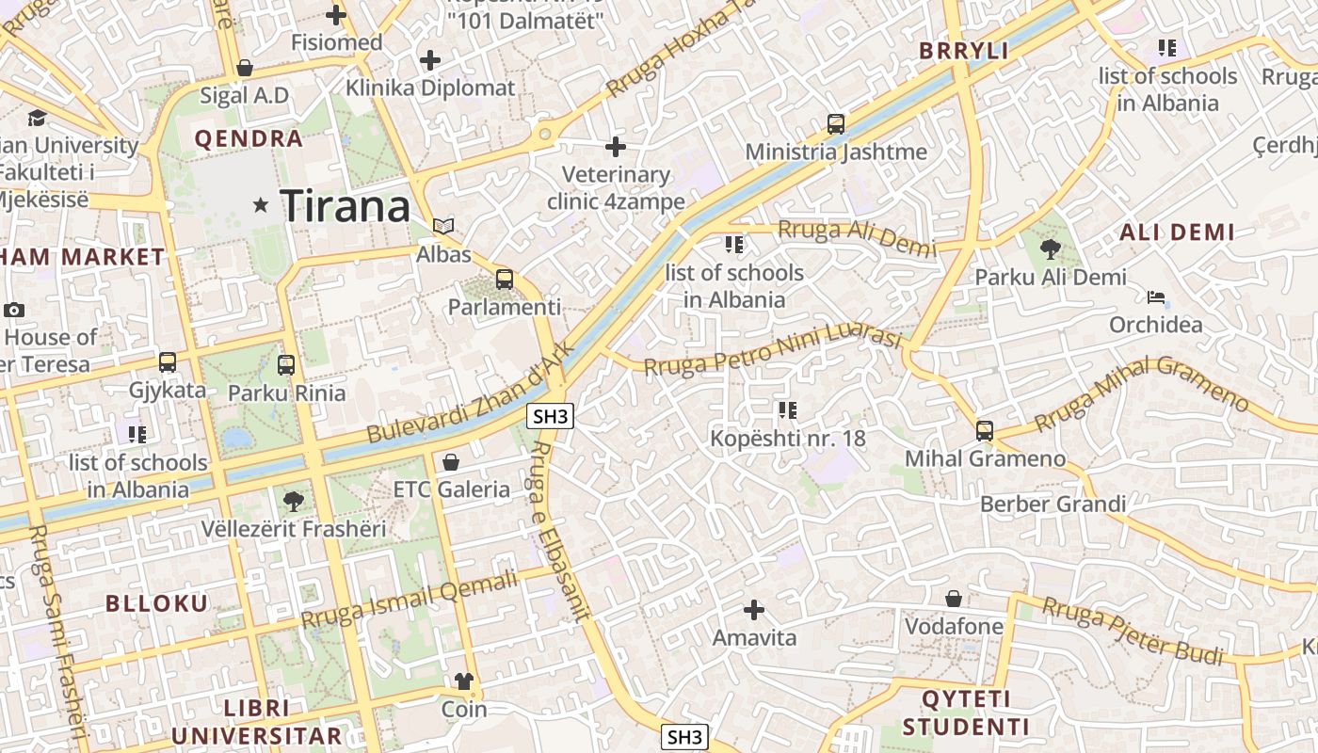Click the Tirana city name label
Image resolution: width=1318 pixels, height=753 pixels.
click(346, 206)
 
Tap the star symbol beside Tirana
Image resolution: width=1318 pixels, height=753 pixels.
click(261, 204)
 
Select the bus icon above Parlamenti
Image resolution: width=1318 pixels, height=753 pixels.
click(505, 279)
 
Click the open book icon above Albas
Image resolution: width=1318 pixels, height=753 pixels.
click(443, 226)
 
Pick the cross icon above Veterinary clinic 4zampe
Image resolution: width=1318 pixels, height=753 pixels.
click(616, 147)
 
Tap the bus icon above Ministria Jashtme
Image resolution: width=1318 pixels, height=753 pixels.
click(836, 123)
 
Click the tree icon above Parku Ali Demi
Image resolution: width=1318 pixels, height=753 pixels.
click(1051, 249)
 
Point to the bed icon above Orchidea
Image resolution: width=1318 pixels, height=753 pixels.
click(1156, 298)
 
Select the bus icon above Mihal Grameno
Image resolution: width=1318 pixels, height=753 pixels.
click(985, 431)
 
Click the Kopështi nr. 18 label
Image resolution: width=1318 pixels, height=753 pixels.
click(788, 439)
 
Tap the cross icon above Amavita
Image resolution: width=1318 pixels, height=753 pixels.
click(754, 610)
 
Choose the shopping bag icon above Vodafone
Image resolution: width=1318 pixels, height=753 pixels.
click(954, 599)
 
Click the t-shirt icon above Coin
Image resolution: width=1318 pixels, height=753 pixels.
click(464, 681)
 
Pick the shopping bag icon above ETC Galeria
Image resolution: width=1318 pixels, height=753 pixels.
click(451, 462)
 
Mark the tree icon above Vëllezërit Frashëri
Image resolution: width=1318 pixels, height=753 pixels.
click(294, 501)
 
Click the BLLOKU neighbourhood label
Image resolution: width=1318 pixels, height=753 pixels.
click(157, 603)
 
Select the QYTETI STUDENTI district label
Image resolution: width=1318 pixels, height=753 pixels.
click(966, 713)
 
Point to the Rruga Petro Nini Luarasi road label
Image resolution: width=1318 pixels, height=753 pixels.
click(774, 350)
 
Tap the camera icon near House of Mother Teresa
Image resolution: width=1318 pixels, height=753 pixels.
click(14, 310)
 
